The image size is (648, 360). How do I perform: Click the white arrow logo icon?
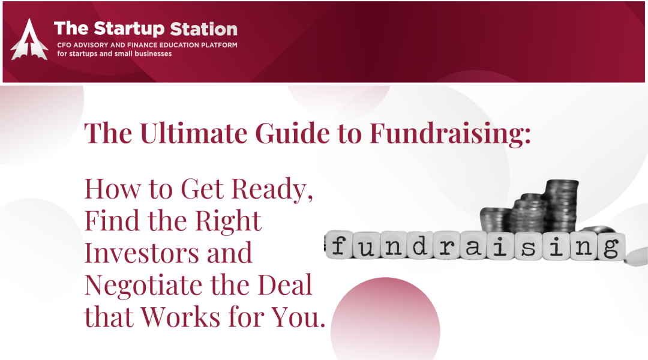pos(29,40)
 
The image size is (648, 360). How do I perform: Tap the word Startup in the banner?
pos(129,29)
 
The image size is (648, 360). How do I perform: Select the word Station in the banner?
pos(204,29)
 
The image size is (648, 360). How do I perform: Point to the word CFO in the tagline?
pos(64,45)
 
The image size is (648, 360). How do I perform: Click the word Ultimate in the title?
pos(194,133)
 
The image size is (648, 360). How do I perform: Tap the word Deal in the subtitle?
pos(285,285)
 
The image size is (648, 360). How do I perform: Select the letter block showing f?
pos(339,245)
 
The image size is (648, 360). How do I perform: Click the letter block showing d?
pos(420,245)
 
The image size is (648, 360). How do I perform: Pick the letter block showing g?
pos(610,247)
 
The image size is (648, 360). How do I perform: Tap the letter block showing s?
pos(529,246)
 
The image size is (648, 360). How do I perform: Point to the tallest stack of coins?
pos(560,206)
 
